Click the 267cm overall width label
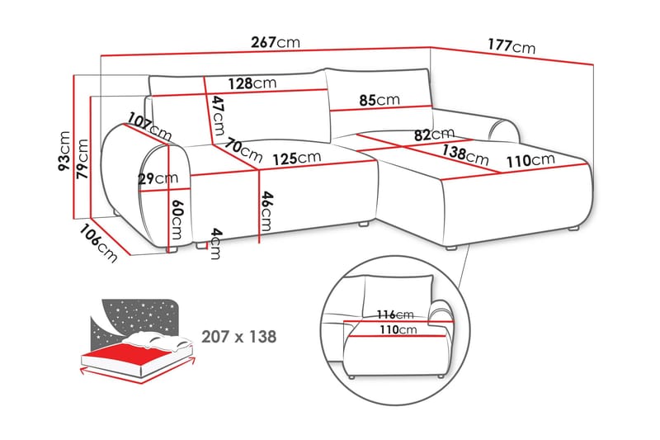pos(276,42)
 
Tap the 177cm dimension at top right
pos(511,46)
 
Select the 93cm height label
pos(64,151)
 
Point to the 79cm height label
pos(82,158)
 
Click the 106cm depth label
pos(98,244)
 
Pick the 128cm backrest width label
pos(252,83)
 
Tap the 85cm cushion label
pos(379,100)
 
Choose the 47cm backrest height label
pos(218,116)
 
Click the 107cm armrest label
pos(150,126)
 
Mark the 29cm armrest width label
pos(158,178)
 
